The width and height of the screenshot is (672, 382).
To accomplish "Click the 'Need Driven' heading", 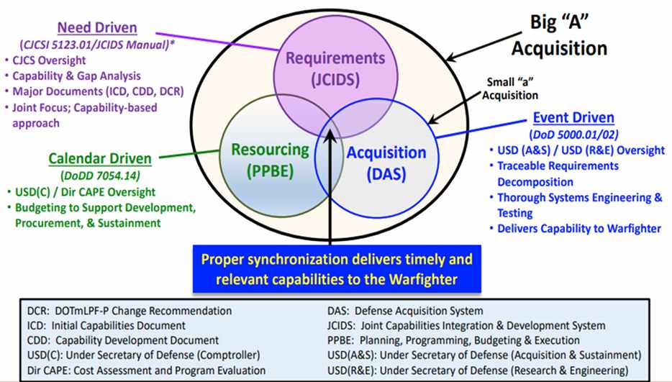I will pyautogui.click(x=97, y=29).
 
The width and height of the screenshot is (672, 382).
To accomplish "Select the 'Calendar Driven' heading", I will pyautogui.click(x=100, y=158).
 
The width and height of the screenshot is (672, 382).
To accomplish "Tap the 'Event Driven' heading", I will pyautogui.click(x=573, y=118).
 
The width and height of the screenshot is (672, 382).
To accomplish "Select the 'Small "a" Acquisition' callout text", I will pyautogui.click(x=512, y=88).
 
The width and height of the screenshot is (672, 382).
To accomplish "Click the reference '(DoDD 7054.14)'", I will pyautogui.click(x=101, y=176).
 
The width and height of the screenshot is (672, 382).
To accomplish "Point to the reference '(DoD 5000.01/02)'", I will pyautogui.click(x=573, y=135).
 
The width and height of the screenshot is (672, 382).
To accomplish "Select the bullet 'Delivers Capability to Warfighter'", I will pyautogui.click(x=578, y=229).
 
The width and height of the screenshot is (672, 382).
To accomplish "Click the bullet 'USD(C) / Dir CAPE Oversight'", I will pyautogui.click(x=85, y=192).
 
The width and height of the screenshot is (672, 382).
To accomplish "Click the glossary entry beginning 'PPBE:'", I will pyautogui.click(x=453, y=340).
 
